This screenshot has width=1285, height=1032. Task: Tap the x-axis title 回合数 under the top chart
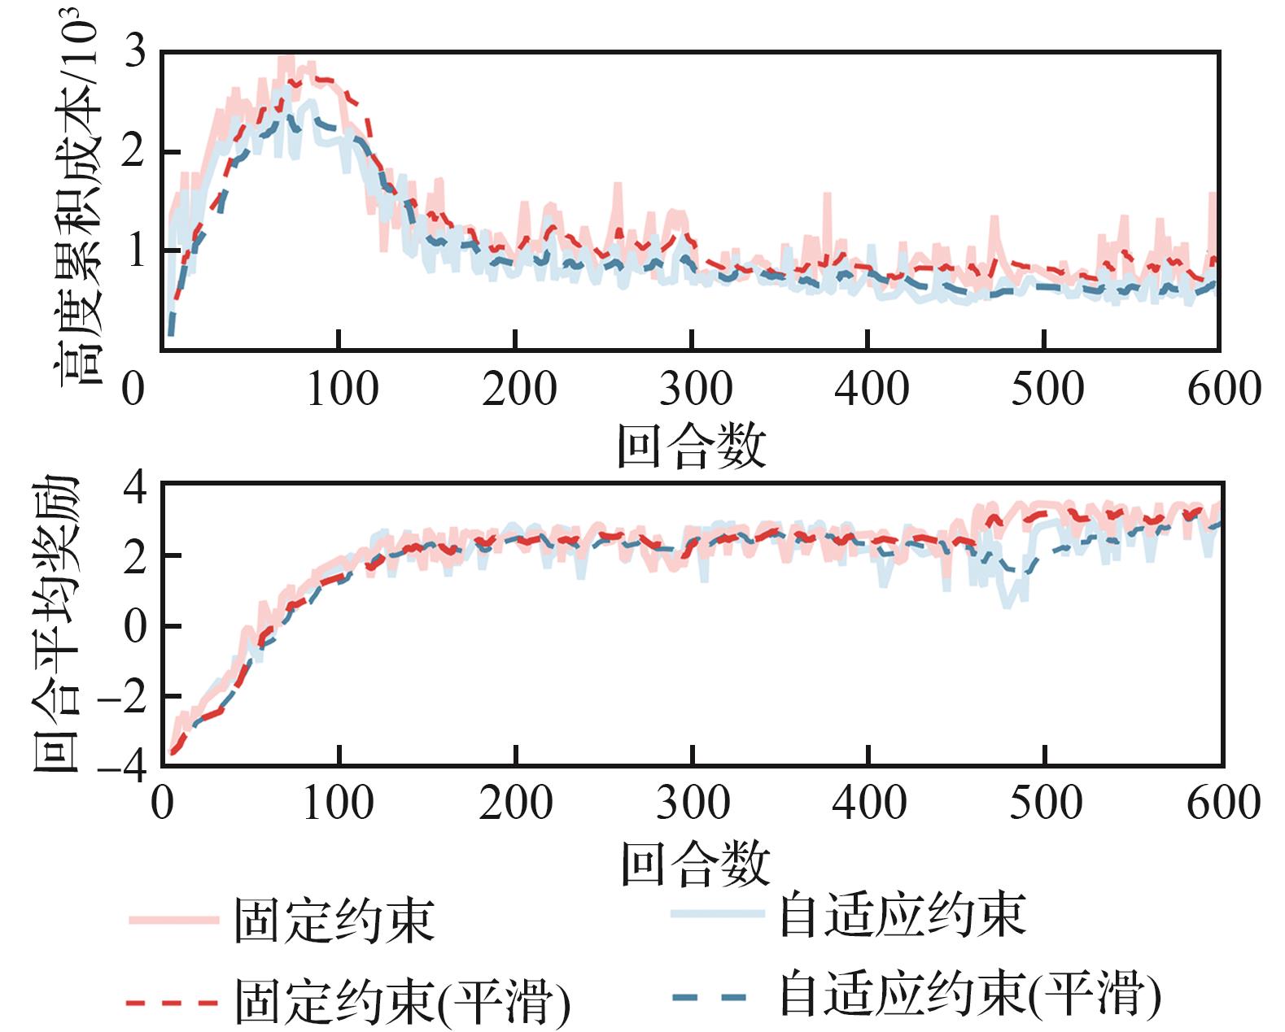tap(692, 446)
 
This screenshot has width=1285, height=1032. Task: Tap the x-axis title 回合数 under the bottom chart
tap(695, 863)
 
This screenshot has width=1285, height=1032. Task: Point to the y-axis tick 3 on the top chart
tap(134, 54)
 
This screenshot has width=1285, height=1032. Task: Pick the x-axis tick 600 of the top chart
tap(1224, 389)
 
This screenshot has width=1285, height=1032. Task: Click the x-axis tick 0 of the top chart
tap(133, 389)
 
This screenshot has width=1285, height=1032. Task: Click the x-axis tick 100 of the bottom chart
tap(339, 803)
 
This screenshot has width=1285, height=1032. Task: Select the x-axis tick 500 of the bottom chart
tap(1046, 803)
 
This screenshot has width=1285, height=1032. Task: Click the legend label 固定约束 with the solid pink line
tap(334, 921)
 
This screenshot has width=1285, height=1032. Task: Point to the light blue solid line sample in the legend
tap(717, 914)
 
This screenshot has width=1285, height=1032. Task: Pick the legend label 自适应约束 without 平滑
tap(903, 914)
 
